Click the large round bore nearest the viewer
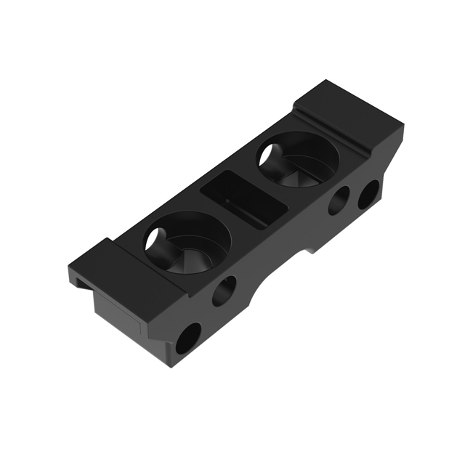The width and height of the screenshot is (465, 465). (x=187, y=243)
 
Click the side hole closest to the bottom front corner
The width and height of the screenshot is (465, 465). (x=187, y=339)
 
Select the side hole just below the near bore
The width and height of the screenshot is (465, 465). (x=224, y=291)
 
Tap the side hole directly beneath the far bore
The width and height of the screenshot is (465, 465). (x=339, y=200)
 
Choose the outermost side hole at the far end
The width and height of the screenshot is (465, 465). (x=368, y=193)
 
